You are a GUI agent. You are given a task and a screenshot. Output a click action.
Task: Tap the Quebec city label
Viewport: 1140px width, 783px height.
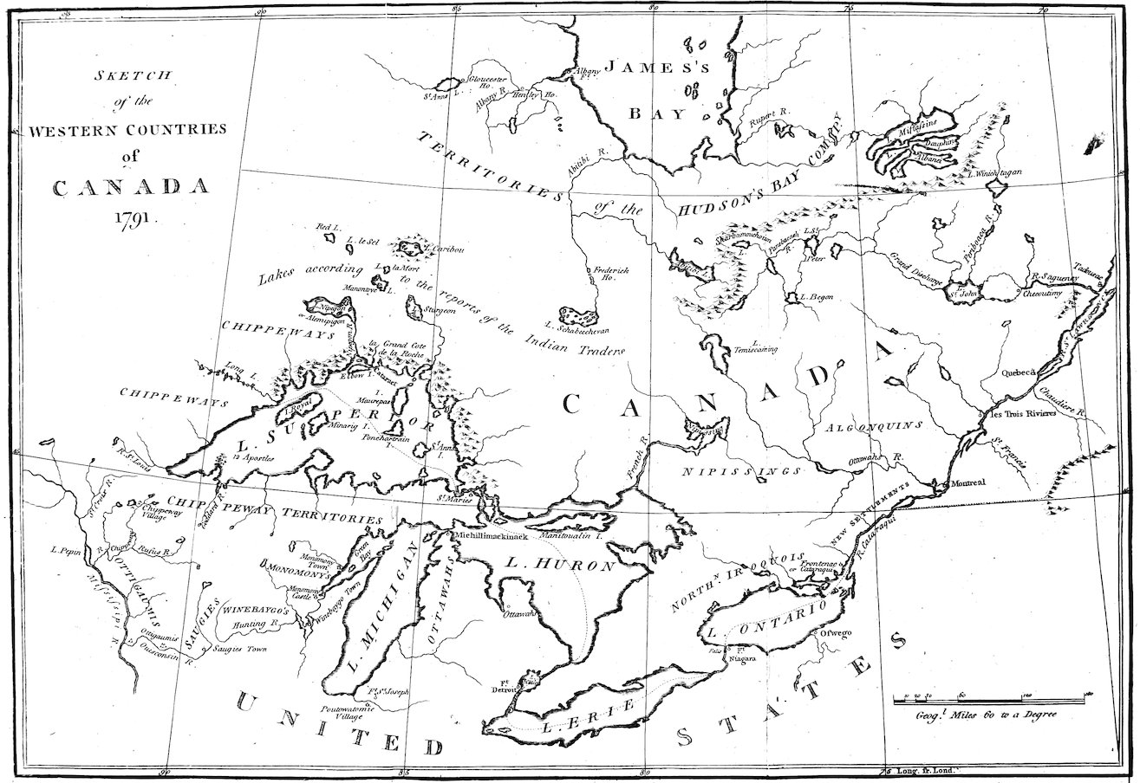pos(1019,373)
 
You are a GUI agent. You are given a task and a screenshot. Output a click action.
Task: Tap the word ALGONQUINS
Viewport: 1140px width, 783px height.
pos(874,426)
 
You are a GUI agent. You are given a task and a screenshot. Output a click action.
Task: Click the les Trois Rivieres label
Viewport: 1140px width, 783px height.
pos(1023,414)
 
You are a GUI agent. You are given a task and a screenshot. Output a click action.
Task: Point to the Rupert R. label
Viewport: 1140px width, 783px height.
pos(767,112)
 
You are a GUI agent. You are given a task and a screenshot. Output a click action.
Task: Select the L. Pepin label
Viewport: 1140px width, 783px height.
pos(66,549)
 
